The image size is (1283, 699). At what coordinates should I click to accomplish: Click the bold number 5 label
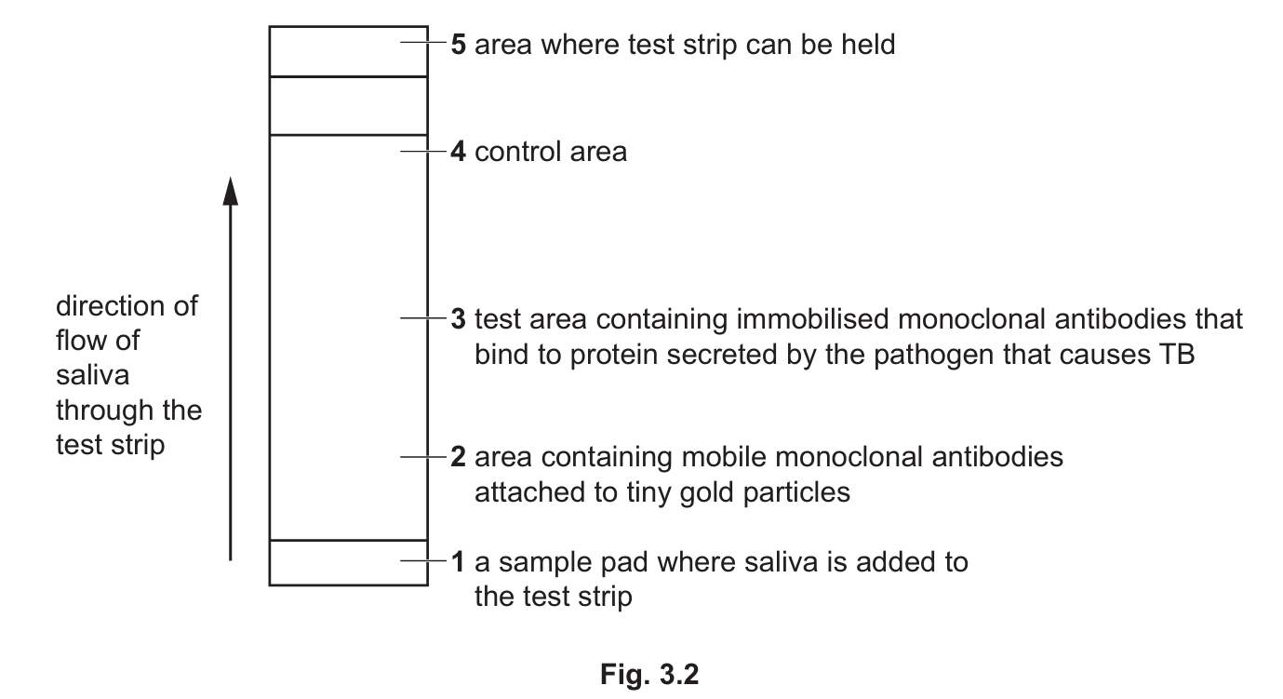[458, 45]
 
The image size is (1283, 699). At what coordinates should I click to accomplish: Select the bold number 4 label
[458, 151]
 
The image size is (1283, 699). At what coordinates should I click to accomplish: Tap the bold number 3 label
[458, 319]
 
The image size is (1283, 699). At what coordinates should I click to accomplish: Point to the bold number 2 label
[458, 457]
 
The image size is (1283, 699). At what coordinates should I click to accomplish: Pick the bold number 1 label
[458, 562]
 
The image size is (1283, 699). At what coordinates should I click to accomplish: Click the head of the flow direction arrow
[232, 192]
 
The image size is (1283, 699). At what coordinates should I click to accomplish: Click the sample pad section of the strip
[348, 562]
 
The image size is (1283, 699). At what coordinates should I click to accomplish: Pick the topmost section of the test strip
[348, 51]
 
